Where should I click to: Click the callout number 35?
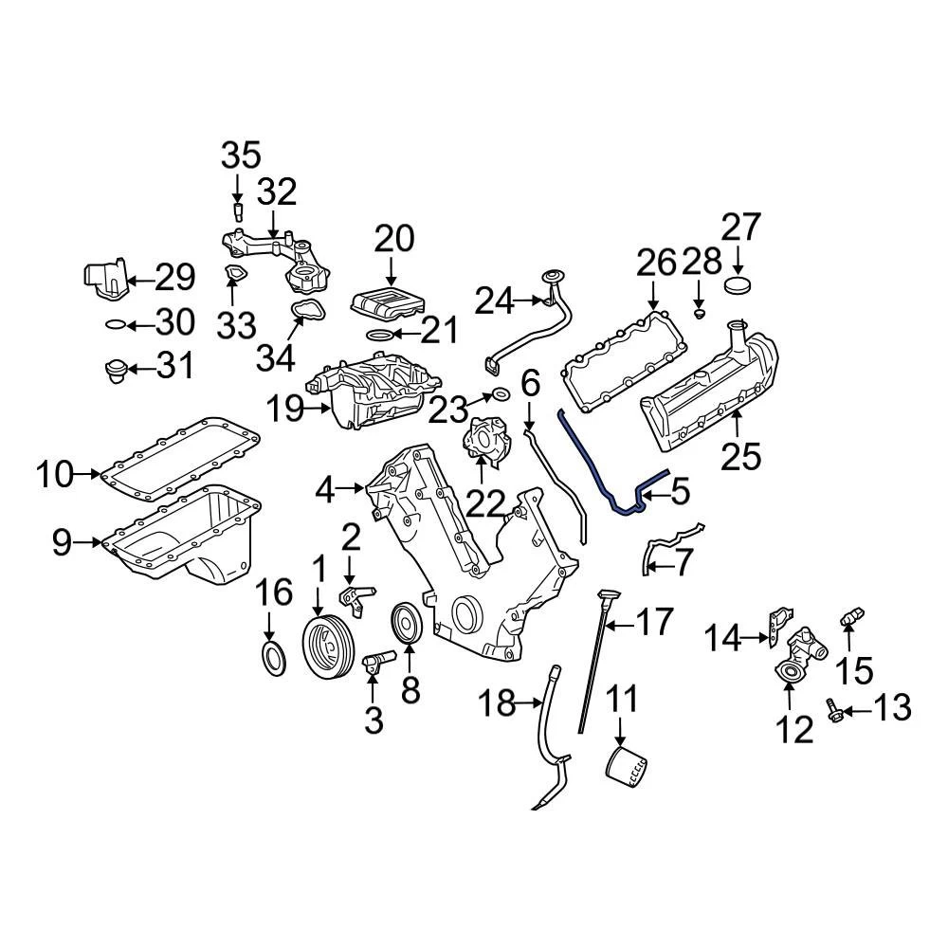[240, 155]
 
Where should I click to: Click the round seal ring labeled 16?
[271, 656]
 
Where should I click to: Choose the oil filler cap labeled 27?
[737, 286]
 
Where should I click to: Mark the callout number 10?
[54, 473]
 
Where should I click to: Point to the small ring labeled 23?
[500, 394]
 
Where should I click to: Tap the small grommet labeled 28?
[698, 312]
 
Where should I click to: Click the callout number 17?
[653, 623]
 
